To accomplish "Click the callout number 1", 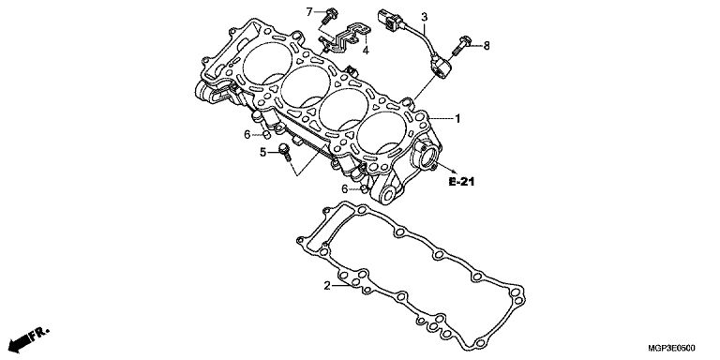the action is [x=457, y=119].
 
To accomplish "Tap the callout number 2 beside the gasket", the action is [x=327, y=286].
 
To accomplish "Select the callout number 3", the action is [x=425, y=17].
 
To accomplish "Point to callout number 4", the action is [x=366, y=50].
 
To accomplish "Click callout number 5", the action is [x=263, y=152].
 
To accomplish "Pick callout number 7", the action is [x=309, y=12].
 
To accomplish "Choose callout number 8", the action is [x=487, y=45].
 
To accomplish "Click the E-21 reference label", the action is [x=461, y=182].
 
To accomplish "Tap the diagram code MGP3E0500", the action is [x=671, y=348].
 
